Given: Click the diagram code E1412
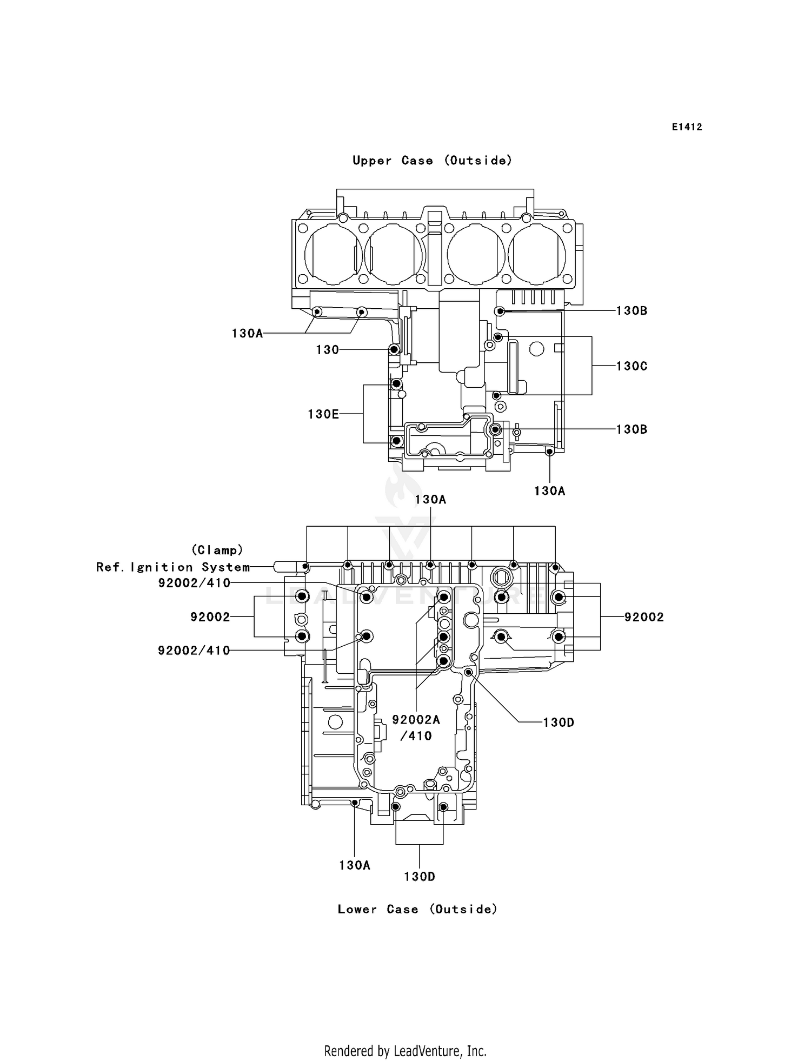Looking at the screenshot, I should tap(687, 127).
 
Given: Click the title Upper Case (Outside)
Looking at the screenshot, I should tap(432, 161).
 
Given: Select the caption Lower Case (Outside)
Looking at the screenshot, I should tap(417, 909).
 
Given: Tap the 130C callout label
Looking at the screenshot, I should tap(631, 366).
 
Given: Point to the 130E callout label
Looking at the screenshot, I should tap(323, 414).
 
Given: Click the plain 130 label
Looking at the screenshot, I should tap(327, 350).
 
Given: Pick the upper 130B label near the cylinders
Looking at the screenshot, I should tap(631, 311).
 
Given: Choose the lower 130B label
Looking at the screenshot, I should tap(631, 429).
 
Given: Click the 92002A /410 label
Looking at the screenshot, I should tap(416, 727).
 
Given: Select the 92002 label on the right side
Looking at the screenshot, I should tap(643, 617).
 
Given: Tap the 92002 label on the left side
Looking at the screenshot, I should tap(210, 617).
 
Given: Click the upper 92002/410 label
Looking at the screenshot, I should tap(194, 583).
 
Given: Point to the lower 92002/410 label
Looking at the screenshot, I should tap(194, 651).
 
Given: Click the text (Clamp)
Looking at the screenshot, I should tap(217, 550).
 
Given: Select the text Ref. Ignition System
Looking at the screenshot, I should tap(173, 567).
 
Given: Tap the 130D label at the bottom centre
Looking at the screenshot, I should tap(419, 877).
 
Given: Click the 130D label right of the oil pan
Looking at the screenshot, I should tap(558, 722).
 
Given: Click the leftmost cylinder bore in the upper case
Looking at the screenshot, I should tap(334, 254).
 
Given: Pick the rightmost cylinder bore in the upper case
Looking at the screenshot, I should tap(537, 254).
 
